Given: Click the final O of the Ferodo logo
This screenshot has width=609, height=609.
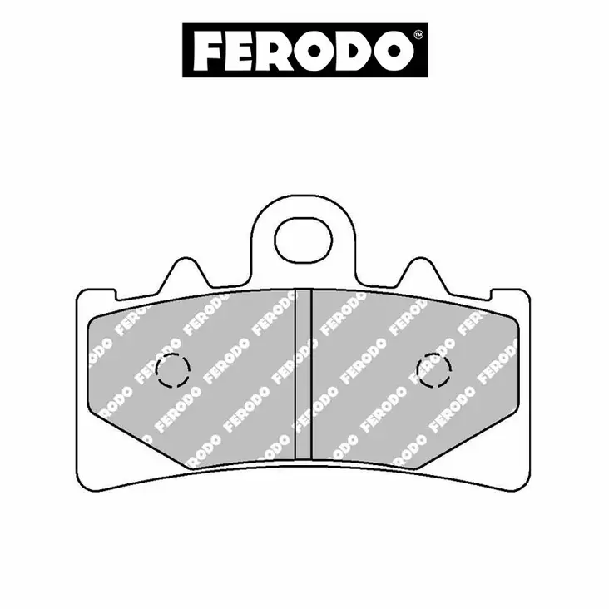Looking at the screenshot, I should tap(390, 51).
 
